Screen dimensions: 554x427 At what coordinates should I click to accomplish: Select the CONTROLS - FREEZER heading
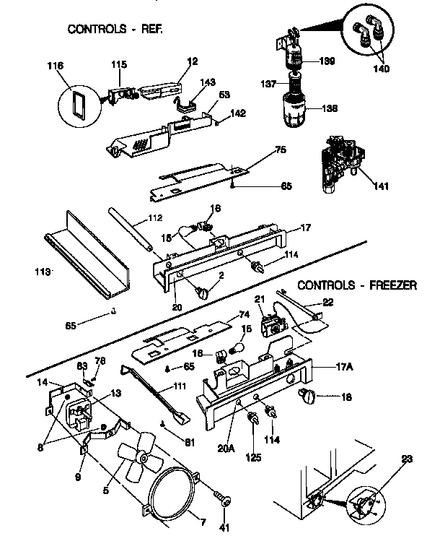click(x=357, y=285)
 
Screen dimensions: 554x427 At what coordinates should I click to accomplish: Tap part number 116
click(x=55, y=66)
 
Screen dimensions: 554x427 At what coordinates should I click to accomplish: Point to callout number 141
click(x=381, y=186)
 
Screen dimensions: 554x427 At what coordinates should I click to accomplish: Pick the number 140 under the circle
click(x=382, y=69)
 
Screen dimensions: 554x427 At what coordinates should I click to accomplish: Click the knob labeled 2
click(x=204, y=292)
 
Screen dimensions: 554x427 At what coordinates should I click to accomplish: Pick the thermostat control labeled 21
click(x=271, y=324)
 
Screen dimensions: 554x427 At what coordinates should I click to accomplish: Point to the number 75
click(x=281, y=152)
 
